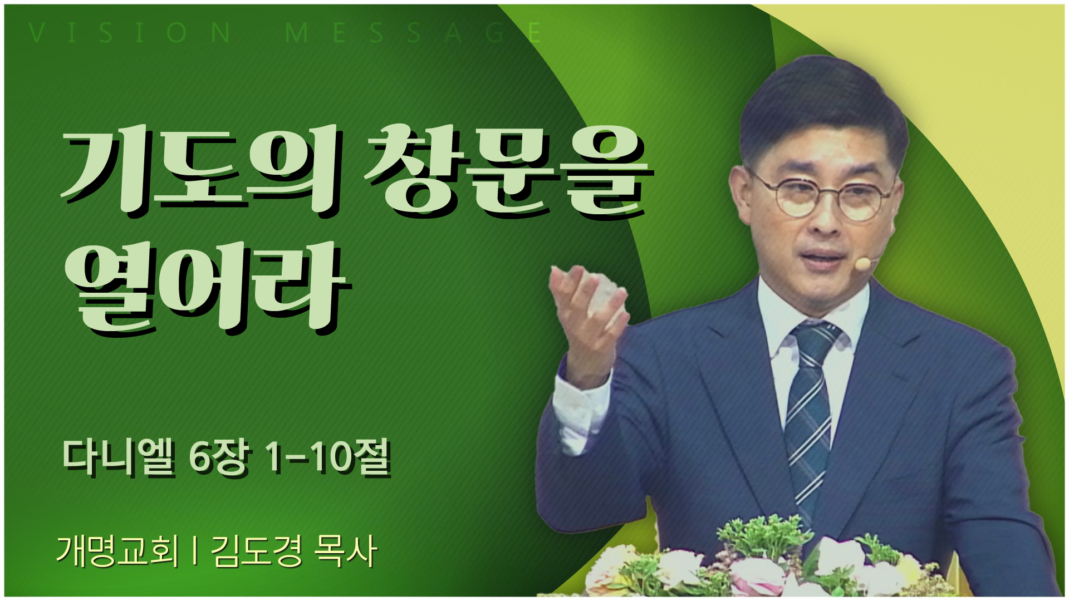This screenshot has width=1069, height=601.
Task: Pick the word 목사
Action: tap(346, 551)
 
